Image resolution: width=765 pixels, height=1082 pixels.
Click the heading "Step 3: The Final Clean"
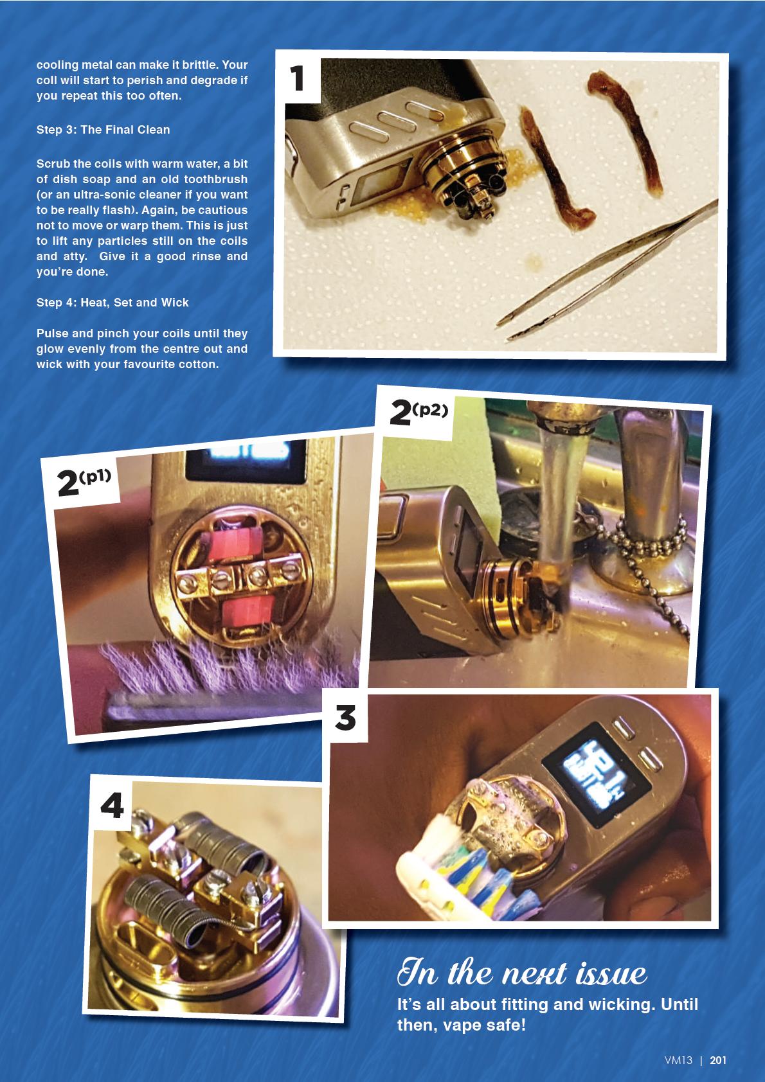tap(103, 129)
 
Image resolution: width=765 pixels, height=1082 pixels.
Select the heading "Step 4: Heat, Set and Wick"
tap(112, 303)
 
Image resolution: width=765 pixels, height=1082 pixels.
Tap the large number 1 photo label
tap(297, 78)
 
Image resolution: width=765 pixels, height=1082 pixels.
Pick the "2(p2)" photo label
tap(419, 412)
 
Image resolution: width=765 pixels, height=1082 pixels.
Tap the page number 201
tap(718, 1060)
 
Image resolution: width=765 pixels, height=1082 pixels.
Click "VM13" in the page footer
tap(678, 1060)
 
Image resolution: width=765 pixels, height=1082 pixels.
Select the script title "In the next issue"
tap(521, 973)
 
